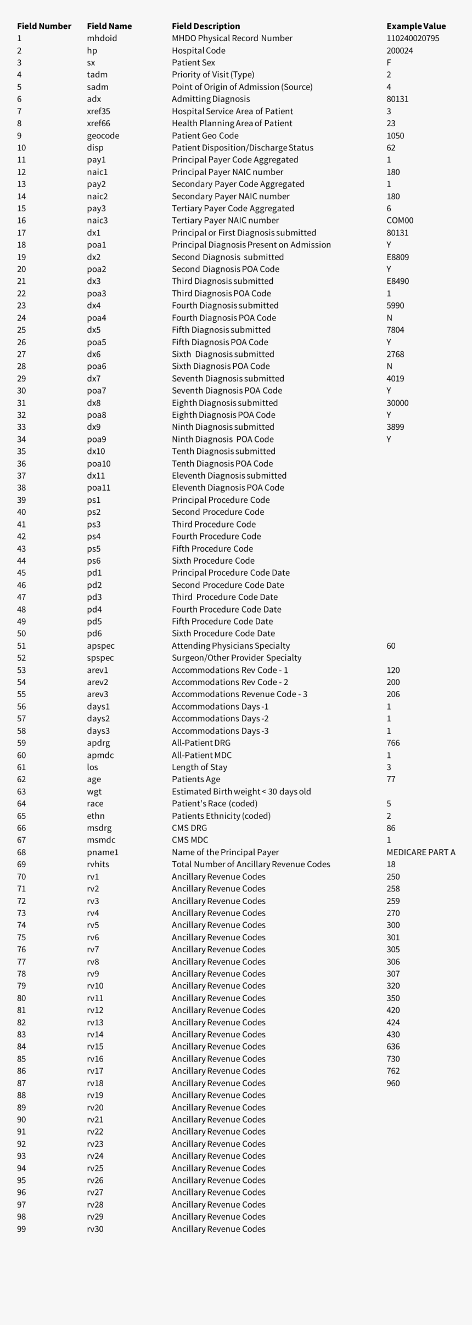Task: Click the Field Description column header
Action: (x=206, y=26)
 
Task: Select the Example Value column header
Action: (x=416, y=26)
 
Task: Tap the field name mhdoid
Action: (x=102, y=38)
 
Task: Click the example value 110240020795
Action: (x=413, y=38)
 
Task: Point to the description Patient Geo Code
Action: (x=205, y=136)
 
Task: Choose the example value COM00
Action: (x=400, y=221)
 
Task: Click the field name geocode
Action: (x=103, y=136)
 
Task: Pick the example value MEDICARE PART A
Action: (x=420, y=852)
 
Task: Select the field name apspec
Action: (x=100, y=646)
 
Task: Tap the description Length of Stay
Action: (x=199, y=767)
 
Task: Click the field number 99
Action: (x=21, y=1229)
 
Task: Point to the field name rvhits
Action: (x=98, y=864)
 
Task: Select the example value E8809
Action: (x=397, y=257)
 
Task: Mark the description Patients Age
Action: (x=196, y=779)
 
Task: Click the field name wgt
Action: (x=94, y=791)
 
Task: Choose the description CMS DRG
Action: (x=189, y=828)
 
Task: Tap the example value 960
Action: (x=393, y=1083)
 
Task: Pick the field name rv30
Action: (x=95, y=1229)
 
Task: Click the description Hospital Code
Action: (x=198, y=50)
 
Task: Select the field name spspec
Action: (x=100, y=658)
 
